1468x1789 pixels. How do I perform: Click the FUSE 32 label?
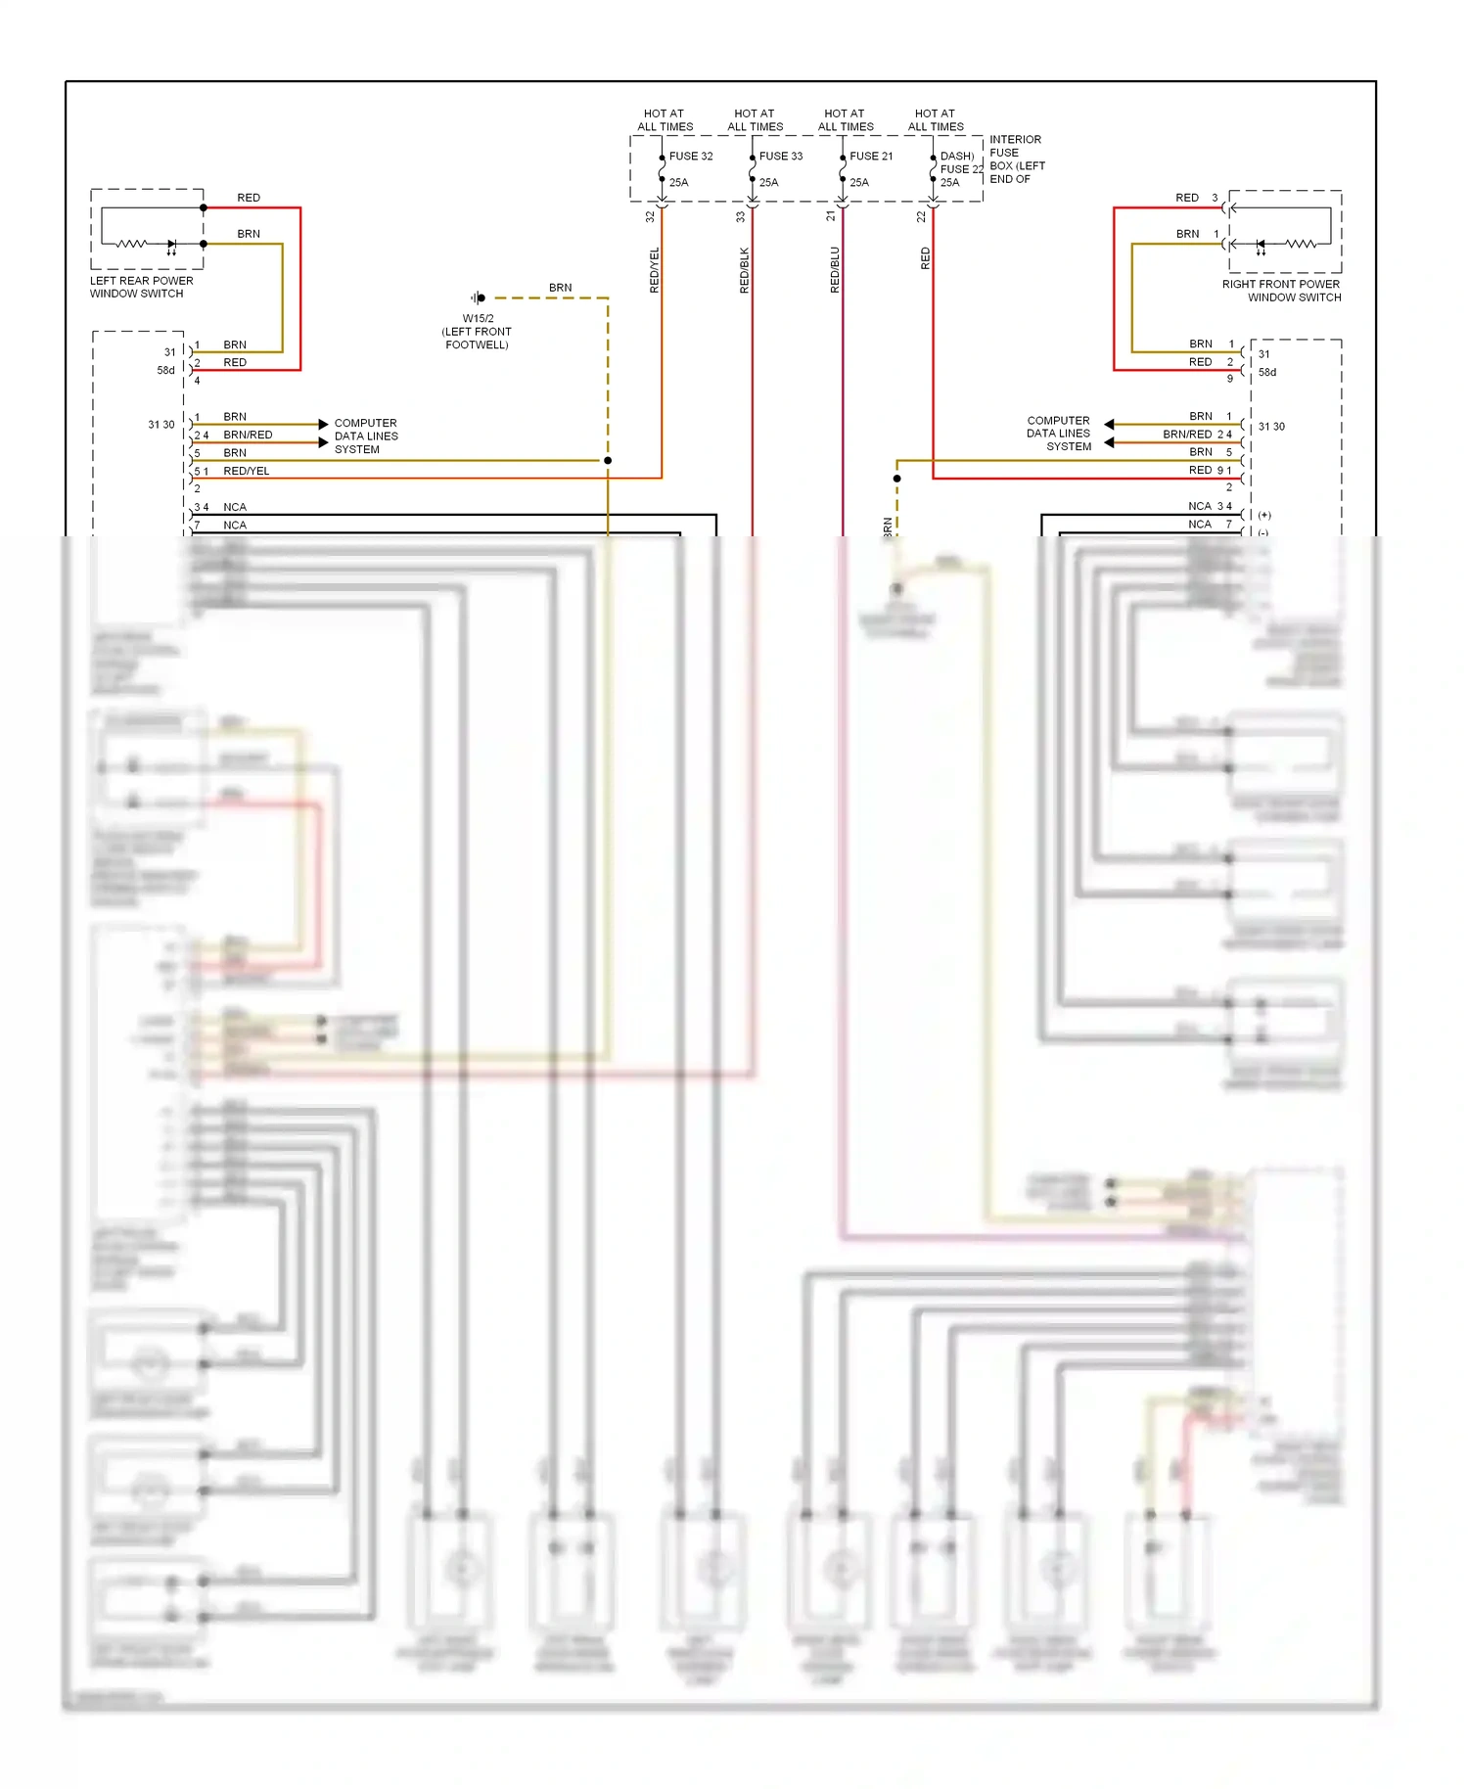click(x=690, y=156)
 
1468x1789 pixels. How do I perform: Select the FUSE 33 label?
click(x=780, y=156)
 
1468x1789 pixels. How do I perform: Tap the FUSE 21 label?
click(x=870, y=156)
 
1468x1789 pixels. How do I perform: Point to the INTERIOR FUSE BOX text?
click(x=1016, y=160)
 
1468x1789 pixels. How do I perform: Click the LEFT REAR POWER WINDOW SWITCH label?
click(x=141, y=287)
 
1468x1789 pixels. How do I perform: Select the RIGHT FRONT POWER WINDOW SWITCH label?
click(x=1281, y=291)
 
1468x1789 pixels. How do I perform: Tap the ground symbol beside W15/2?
click(x=478, y=298)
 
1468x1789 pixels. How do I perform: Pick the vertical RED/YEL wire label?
click(x=655, y=270)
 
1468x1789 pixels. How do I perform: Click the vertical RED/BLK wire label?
click(x=745, y=270)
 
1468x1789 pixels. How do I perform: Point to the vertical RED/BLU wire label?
click(x=835, y=270)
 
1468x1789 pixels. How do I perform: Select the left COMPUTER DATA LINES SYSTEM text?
click(x=365, y=436)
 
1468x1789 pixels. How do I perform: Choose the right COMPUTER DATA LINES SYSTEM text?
click(x=1059, y=434)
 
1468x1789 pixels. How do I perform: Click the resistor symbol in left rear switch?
click(x=132, y=244)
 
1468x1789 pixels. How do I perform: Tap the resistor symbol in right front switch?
click(x=1300, y=244)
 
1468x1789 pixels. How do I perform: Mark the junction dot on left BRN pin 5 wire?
click(x=608, y=460)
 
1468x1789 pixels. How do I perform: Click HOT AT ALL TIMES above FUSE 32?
click(x=665, y=120)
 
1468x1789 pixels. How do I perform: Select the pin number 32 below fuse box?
click(x=650, y=217)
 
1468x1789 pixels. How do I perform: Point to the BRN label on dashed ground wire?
click(x=560, y=288)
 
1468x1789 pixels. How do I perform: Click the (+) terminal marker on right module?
click(x=1264, y=515)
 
